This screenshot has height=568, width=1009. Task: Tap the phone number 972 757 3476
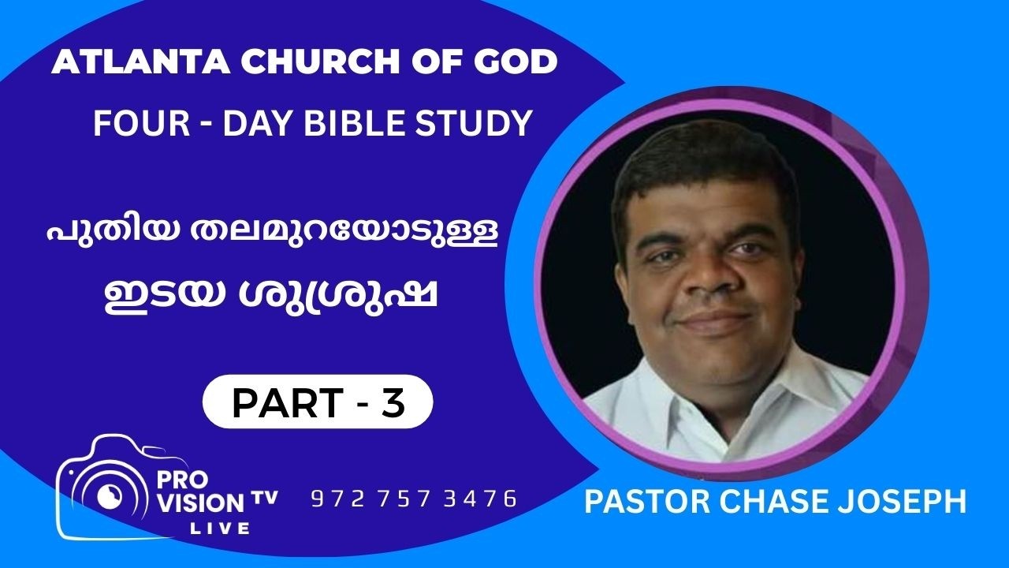[414, 499]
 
